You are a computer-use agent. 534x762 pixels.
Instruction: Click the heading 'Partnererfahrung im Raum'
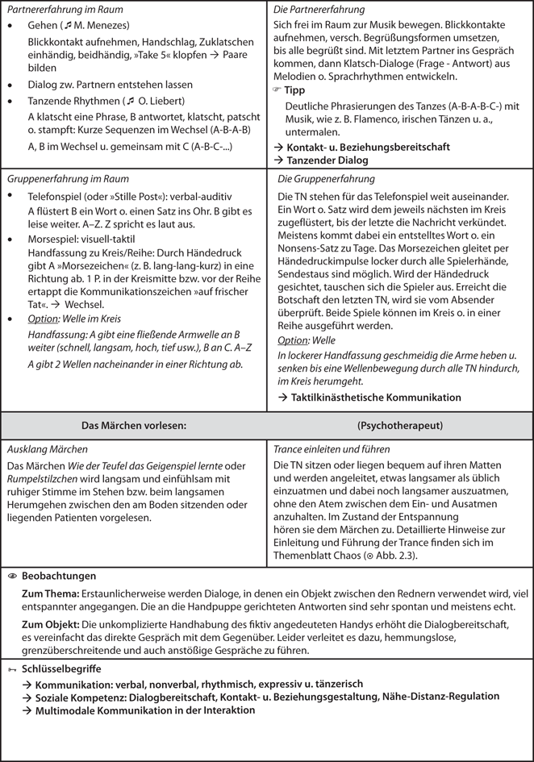pos(53,10)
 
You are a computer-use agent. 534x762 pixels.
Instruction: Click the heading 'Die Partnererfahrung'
pos(319,10)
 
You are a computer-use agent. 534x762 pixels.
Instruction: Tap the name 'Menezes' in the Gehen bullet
pos(96,26)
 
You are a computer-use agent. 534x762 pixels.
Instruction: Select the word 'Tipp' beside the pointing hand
pos(295,90)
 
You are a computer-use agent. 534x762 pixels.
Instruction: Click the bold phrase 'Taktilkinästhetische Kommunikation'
pos(375,397)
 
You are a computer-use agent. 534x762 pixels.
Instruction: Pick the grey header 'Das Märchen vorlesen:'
pos(135,424)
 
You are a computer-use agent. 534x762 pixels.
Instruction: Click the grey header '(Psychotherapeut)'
pos(398,424)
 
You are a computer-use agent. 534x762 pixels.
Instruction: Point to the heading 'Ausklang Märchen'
pos(47,449)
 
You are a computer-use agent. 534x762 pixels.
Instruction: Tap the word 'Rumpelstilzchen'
pos(44,479)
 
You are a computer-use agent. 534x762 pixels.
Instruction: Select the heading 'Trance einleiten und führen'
pos(332,449)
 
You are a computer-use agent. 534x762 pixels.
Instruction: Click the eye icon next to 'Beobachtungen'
pos(12,577)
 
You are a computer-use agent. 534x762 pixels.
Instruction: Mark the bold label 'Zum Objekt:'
pos(50,624)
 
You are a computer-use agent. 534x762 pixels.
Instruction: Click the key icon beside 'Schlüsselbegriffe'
pos(12,669)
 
